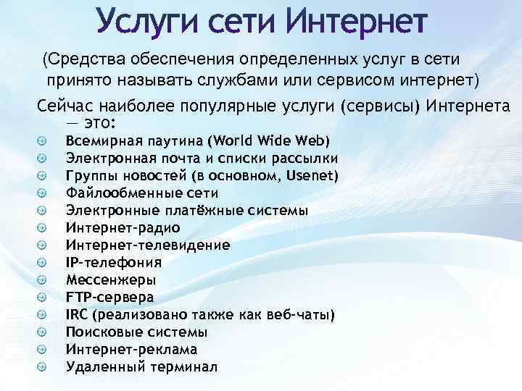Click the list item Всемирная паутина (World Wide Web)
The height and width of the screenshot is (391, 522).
point(197,140)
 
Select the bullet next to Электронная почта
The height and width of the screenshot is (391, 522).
point(43,158)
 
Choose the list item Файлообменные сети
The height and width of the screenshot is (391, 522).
point(141,193)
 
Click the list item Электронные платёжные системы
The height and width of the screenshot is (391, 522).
point(186,210)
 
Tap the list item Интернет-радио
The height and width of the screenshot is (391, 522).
point(123,227)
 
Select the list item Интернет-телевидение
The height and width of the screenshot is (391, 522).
point(148,245)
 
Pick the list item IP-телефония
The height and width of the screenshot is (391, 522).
point(113,262)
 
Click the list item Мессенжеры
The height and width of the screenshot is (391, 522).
point(110,279)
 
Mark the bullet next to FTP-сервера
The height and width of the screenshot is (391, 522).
point(43,297)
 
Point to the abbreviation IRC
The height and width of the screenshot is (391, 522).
point(77,314)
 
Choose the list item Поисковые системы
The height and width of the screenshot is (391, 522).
point(136,332)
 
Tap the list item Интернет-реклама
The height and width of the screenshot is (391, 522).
point(131,349)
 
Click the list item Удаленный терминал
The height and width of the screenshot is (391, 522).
point(141,366)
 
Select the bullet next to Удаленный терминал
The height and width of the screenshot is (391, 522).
point(43,366)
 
